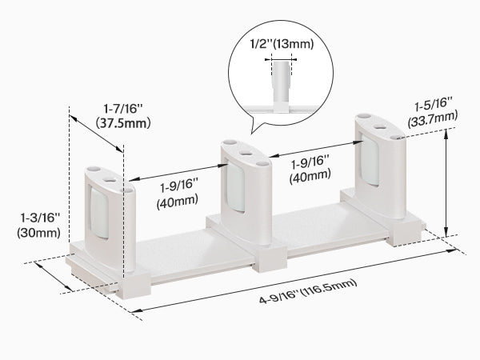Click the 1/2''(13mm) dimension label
click(282, 44)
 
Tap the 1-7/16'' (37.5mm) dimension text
click(123, 116)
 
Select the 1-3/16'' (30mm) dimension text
click(39, 226)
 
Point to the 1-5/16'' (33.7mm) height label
click(433, 111)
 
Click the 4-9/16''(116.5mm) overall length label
click(308, 291)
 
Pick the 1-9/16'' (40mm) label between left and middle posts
click(178, 195)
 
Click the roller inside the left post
click(99, 213)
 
